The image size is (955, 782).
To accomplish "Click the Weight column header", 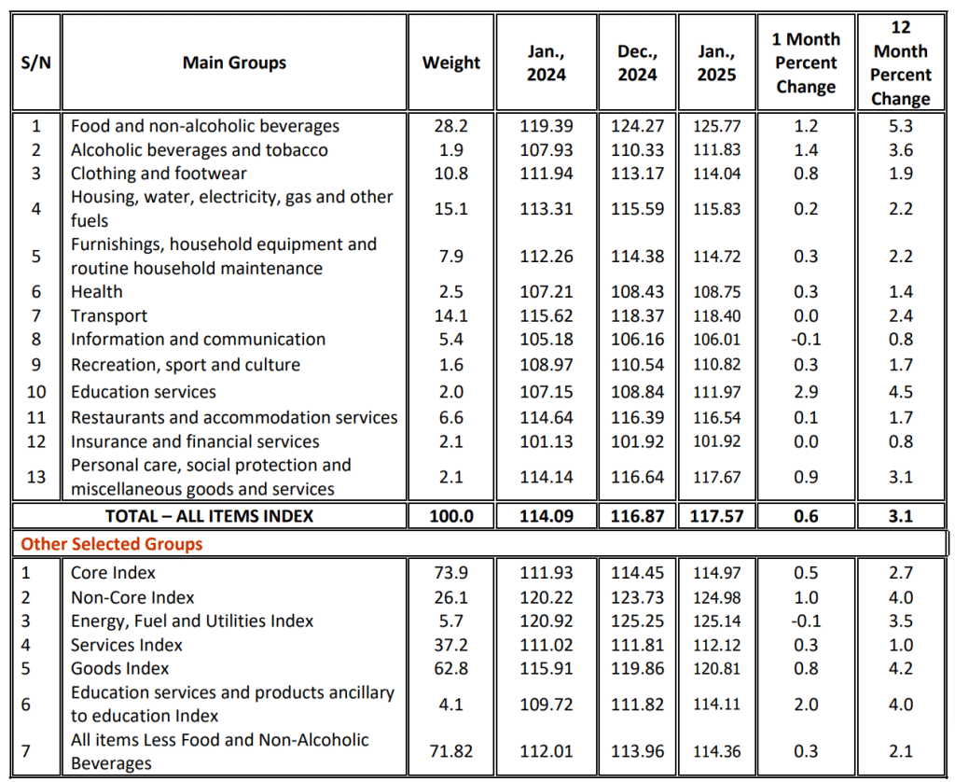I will click(451, 63).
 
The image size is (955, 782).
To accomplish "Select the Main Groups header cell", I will click(234, 63).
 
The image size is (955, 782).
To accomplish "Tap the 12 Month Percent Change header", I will click(901, 63).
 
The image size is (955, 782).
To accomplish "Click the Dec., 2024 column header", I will click(637, 63).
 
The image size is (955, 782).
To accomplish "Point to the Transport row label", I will click(109, 316).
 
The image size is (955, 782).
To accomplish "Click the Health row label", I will click(97, 292).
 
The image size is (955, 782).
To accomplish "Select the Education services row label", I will click(144, 392).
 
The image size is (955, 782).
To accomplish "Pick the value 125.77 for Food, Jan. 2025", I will click(717, 126).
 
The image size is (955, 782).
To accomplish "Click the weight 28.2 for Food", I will click(451, 126).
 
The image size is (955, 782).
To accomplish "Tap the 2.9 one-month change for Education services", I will click(806, 392).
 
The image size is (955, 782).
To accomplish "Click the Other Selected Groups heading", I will click(112, 543).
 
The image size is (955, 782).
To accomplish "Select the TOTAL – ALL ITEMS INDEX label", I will click(210, 515).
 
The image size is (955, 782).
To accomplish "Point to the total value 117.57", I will click(717, 515).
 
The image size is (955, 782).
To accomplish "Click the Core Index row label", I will click(113, 573).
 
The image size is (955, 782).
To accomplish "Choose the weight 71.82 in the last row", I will click(451, 751).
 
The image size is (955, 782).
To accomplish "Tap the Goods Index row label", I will click(120, 668).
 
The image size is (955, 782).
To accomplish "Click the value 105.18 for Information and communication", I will click(547, 340).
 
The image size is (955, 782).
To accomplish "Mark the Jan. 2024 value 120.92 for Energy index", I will click(547, 621).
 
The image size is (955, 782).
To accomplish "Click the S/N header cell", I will click(35, 63).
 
